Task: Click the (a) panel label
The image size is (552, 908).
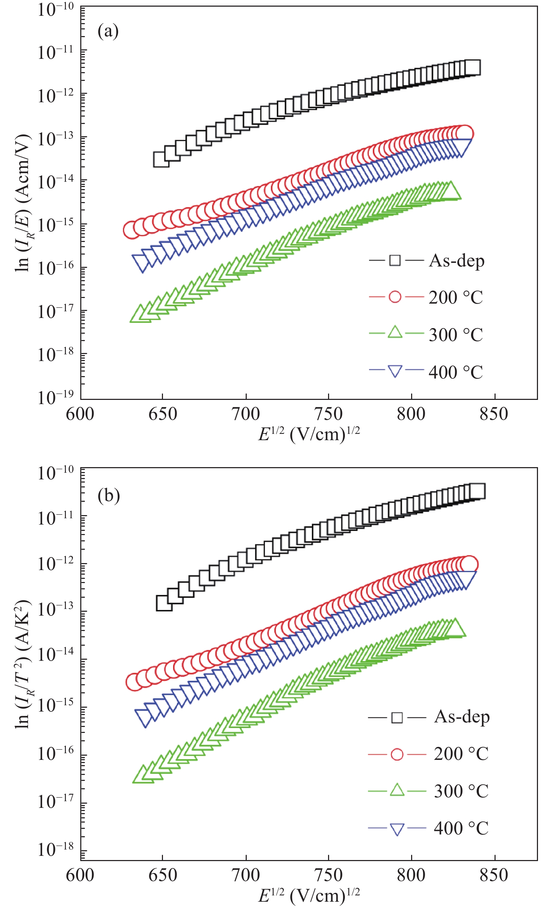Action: [x=108, y=31]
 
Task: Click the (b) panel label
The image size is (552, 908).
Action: [x=108, y=495]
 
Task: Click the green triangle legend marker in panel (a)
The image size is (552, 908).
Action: [x=395, y=332]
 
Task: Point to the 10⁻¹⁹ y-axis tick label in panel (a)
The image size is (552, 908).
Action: [x=55, y=397]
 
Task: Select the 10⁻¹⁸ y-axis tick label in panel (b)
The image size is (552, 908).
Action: [x=55, y=850]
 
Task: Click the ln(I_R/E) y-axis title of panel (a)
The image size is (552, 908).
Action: [x=23, y=203]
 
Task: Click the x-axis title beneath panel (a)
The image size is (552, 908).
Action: [x=309, y=434]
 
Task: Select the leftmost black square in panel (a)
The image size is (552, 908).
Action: [x=161, y=160]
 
